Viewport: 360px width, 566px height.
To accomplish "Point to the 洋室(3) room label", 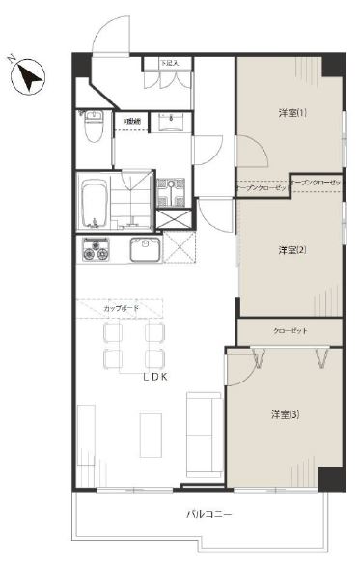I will point(284,414).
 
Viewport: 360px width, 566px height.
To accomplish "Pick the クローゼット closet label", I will point(290,330).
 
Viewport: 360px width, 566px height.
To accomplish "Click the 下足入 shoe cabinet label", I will point(171,64).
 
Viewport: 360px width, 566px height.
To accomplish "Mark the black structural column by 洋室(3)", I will point(330,477).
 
